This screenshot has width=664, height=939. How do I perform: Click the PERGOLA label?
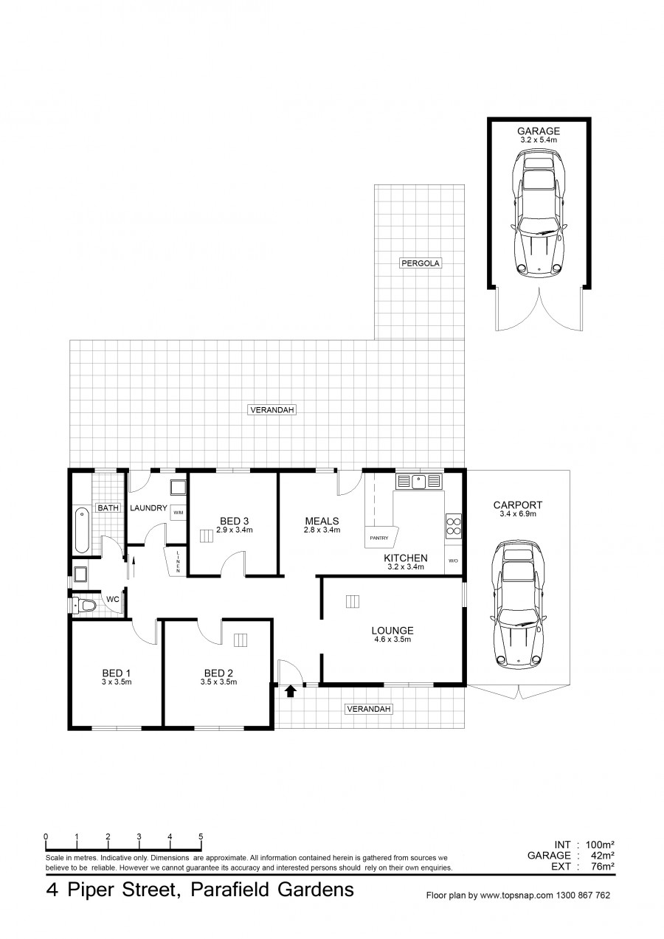420,263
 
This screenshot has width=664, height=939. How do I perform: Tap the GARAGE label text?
539,131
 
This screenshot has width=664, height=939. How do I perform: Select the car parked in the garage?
539,215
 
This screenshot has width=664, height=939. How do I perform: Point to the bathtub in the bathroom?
82,530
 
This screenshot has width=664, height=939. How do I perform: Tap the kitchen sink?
419,481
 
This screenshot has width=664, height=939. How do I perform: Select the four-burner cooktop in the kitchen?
454,526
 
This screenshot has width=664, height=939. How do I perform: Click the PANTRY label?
379,538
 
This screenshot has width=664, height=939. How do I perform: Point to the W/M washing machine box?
178,512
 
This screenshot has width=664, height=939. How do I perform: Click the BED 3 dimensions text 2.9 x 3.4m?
235,530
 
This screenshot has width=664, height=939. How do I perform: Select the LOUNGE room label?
392,631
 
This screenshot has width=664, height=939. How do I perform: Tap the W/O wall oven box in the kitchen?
453,561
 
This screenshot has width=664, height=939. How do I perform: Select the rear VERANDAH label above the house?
272,409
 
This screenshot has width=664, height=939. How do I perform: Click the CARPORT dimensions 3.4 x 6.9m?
518,514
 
